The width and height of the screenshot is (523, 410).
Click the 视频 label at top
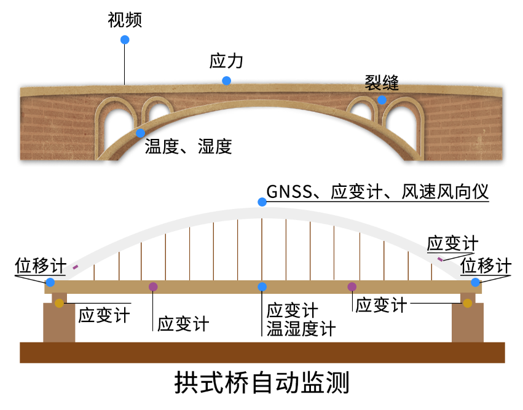pos(125,20)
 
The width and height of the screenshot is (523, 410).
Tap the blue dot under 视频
pos(125,40)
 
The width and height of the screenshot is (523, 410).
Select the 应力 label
pos(227,61)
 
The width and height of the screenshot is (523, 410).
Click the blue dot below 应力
pos(227,81)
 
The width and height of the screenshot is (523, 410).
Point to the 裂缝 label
pos(382,82)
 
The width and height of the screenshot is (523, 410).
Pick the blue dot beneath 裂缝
pos(382,100)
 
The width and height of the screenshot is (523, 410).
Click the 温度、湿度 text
pos(188,146)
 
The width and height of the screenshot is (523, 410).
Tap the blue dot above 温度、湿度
pos(141,133)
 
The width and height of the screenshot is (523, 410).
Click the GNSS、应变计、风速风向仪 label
pos(378,192)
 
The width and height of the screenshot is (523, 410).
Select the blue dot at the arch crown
pos(262,202)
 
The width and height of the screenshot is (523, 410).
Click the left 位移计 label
pos(40,267)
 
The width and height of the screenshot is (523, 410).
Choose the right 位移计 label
pos(486,267)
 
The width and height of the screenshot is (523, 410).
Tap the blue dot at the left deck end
pos(50,282)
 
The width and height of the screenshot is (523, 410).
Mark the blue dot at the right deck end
pos(476,282)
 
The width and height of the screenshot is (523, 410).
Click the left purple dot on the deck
pos(153,286)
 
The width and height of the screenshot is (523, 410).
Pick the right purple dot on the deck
pos(352,286)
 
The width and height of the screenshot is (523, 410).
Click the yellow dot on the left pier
pos(59,303)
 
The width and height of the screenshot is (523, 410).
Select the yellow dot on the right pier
pos(468,303)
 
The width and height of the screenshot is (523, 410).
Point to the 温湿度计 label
pos(301,329)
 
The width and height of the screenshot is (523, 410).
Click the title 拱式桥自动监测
pos(262,383)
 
